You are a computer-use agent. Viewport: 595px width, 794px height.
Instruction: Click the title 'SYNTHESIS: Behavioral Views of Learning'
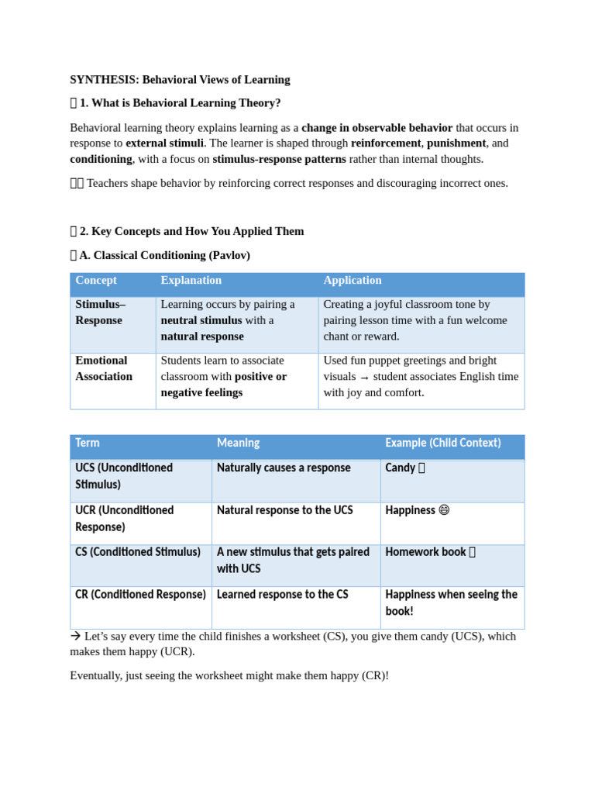180,79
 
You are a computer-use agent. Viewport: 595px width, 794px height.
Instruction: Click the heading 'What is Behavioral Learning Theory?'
180,102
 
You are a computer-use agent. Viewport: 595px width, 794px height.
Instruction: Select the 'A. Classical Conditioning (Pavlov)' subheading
164,255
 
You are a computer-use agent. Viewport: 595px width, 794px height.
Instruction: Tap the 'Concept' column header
96,281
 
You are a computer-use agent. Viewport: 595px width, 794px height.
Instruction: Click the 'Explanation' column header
191,281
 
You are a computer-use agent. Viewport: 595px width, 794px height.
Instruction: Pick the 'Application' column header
353,281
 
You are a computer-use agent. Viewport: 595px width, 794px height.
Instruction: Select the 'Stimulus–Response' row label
100,312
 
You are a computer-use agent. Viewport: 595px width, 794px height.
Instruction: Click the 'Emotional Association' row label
104,368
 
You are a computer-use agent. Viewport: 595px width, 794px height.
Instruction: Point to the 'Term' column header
88,444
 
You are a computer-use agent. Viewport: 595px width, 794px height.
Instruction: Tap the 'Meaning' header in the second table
238,444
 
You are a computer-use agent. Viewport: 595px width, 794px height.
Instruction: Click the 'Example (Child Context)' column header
442,444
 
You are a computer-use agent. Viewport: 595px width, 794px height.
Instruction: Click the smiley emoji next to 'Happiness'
444,510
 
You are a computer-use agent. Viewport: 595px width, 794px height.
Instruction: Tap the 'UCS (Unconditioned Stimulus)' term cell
124,476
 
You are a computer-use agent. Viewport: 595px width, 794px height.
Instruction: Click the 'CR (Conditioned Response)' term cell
140,595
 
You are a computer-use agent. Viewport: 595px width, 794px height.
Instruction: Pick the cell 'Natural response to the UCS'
284,510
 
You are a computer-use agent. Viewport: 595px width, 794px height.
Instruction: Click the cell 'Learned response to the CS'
282,595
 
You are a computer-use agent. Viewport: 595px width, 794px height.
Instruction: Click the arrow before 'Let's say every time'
75,636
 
